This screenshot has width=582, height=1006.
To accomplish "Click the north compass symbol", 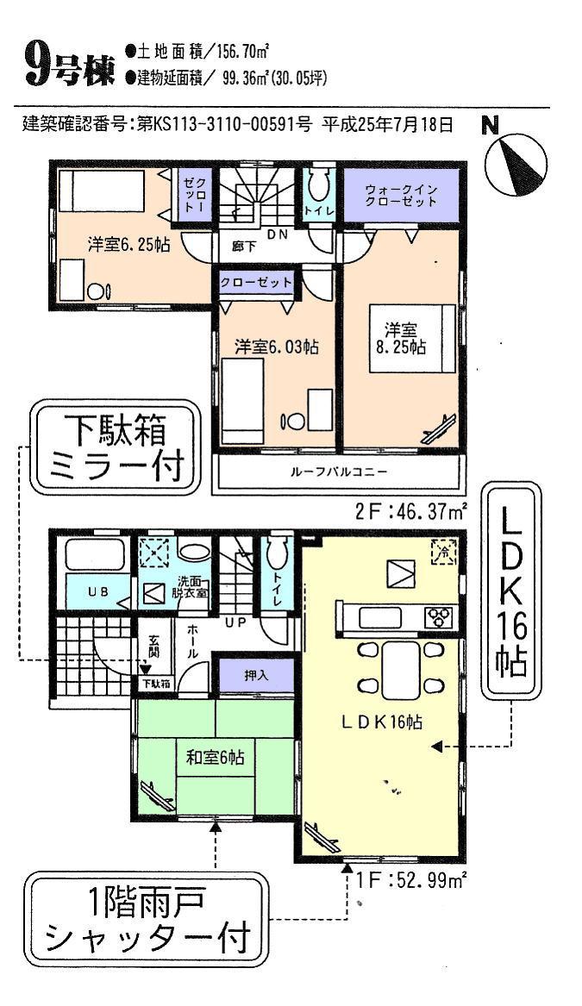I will coord(516,163).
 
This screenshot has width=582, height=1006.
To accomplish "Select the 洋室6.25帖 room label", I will coord(128,244).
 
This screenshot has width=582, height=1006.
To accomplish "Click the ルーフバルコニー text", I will coord(337,472).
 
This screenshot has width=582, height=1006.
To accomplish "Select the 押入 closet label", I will coord(257,676).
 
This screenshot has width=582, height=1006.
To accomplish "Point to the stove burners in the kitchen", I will coord(439,617).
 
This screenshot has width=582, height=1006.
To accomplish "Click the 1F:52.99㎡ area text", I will coord(411,880).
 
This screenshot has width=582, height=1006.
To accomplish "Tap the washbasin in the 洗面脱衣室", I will coord(195,553).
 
